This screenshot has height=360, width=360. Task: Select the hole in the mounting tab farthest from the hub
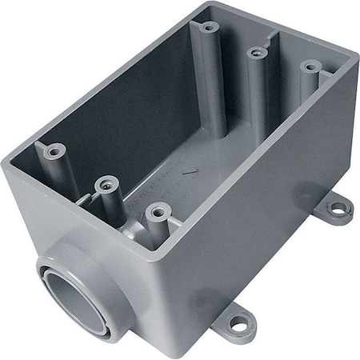339,209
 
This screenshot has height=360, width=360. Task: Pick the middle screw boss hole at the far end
257,53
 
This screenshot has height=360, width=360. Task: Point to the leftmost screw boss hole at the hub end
55,149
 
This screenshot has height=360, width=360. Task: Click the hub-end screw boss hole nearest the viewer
155,212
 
